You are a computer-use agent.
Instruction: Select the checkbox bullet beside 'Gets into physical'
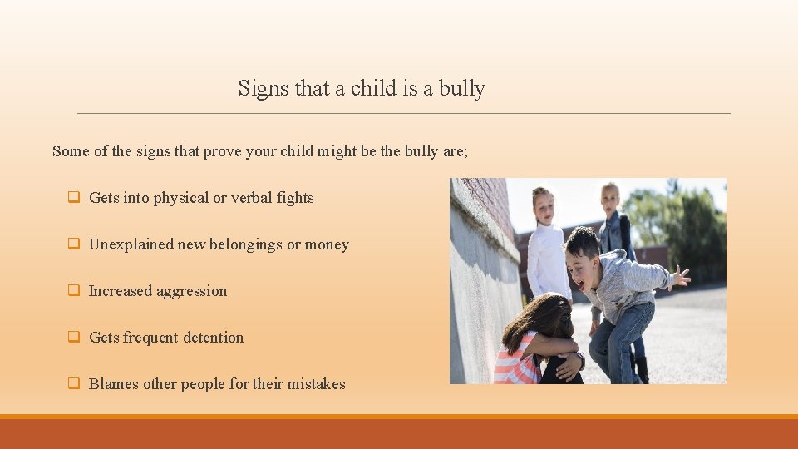coord(73,198)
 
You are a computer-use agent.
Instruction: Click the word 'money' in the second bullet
coord(327,244)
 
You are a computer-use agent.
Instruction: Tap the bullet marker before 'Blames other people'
coord(73,384)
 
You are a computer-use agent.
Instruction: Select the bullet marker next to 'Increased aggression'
coord(73,291)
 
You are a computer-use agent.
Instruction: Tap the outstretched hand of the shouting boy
coord(681,276)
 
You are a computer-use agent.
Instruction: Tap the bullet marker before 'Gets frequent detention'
coord(73,338)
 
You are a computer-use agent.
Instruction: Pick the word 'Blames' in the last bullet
coord(114,384)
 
